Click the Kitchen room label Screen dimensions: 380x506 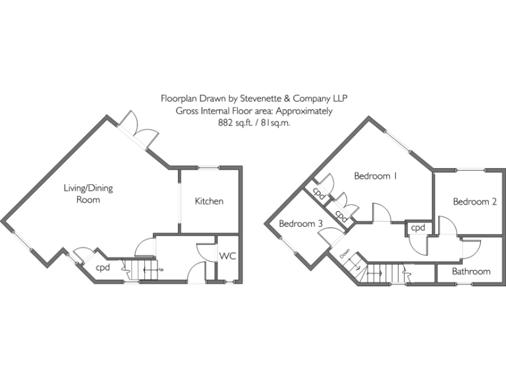209,201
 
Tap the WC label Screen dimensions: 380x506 227,255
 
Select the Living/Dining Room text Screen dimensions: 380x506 88,193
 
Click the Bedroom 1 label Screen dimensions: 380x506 376,176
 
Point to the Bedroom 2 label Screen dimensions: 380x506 474,202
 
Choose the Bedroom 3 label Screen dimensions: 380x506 300,224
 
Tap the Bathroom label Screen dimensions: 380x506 471,271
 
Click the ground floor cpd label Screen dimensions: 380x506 103,268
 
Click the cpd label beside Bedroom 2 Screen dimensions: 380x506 418,228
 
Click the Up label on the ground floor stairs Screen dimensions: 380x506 161,270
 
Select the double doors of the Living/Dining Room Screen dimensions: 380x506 138,129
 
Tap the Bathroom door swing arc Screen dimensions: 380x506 469,249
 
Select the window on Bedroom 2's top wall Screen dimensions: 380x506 472,170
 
